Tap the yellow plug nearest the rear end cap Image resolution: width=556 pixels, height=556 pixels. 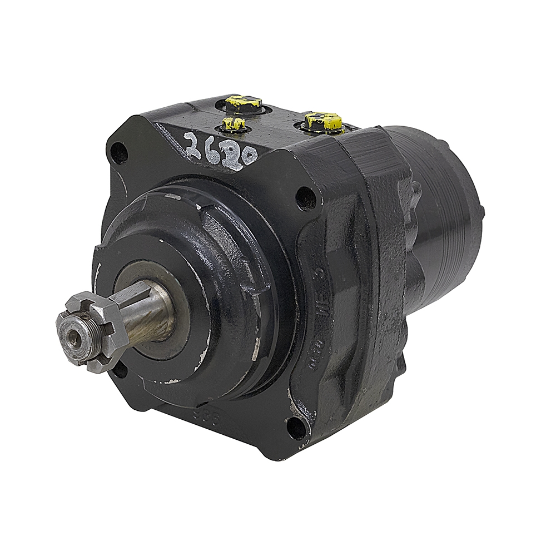(324, 121)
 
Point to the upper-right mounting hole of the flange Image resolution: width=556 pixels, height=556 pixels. (305, 197)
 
